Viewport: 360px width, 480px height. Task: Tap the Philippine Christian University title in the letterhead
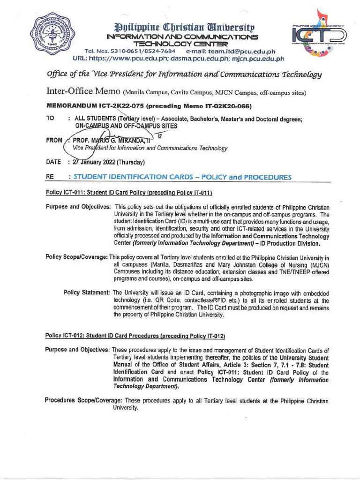point(181,27)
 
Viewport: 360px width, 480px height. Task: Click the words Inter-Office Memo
point(77,92)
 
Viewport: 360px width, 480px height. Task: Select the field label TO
point(50,120)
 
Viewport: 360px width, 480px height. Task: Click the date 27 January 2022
point(94,162)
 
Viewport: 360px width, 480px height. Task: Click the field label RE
point(50,177)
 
